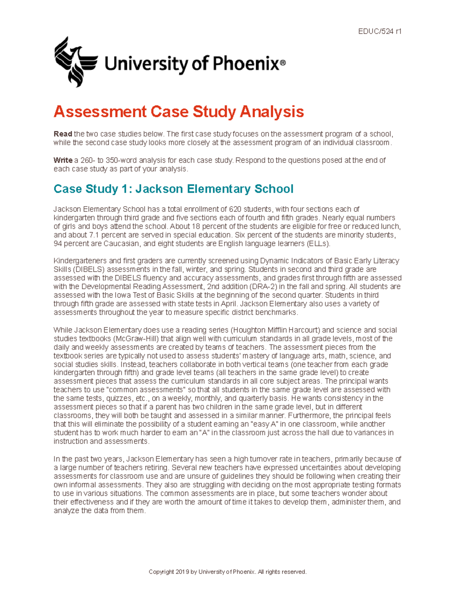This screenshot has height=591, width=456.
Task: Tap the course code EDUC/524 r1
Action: pos(380,32)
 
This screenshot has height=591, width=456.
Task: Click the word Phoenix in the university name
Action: pos(245,63)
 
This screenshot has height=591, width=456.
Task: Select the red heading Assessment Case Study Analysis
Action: pos(179,112)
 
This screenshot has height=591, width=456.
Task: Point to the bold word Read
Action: pos(63,134)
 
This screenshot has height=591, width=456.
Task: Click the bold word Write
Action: pos(63,160)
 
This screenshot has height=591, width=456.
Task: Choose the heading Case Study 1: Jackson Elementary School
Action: pos(173,189)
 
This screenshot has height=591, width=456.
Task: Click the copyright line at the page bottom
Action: pos(227,572)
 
